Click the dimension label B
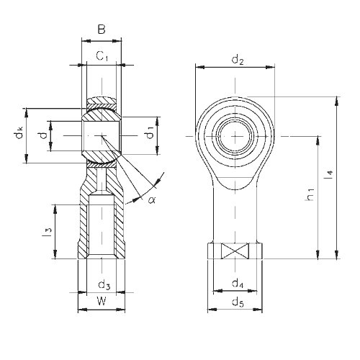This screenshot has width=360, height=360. pos(102,30)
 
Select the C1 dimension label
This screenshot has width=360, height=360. pos(102,56)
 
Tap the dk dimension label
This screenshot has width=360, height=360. pos(19,132)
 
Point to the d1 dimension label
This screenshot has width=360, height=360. pos(150,132)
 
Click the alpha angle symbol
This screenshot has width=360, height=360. pos(152,199)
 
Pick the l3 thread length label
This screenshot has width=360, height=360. pos(48,232)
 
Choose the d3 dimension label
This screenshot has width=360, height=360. pos(104,285)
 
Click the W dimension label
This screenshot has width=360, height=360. pos(102,301)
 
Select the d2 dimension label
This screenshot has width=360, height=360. pos(238,60)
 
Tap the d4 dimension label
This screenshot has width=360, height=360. pos(238,284)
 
